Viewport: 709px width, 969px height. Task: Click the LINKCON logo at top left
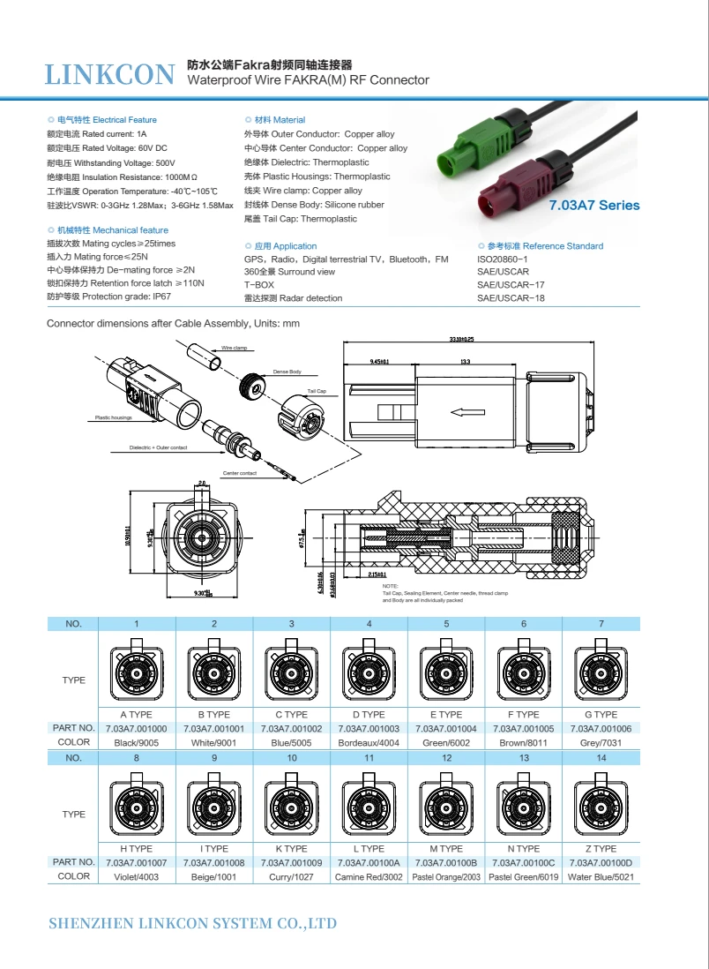(110, 75)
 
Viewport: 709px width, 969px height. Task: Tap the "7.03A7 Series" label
(593, 206)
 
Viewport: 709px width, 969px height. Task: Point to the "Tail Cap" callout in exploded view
(317, 390)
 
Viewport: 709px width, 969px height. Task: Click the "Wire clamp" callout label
(234, 348)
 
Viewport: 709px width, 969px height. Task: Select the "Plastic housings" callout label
(114, 417)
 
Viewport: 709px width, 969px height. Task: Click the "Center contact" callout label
(240, 474)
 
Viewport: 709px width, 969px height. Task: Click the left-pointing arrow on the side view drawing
(466, 411)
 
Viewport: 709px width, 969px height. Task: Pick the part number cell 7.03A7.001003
(369, 729)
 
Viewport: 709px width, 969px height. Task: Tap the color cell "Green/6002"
(446, 743)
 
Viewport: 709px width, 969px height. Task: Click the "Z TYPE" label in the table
(601, 849)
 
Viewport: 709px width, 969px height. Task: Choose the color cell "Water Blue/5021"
(601, 877)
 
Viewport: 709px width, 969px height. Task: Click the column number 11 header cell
(369, 758)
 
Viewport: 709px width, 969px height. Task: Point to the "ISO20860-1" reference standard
(502, 259)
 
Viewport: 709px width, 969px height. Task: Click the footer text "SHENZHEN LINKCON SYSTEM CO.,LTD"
(192, 924)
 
